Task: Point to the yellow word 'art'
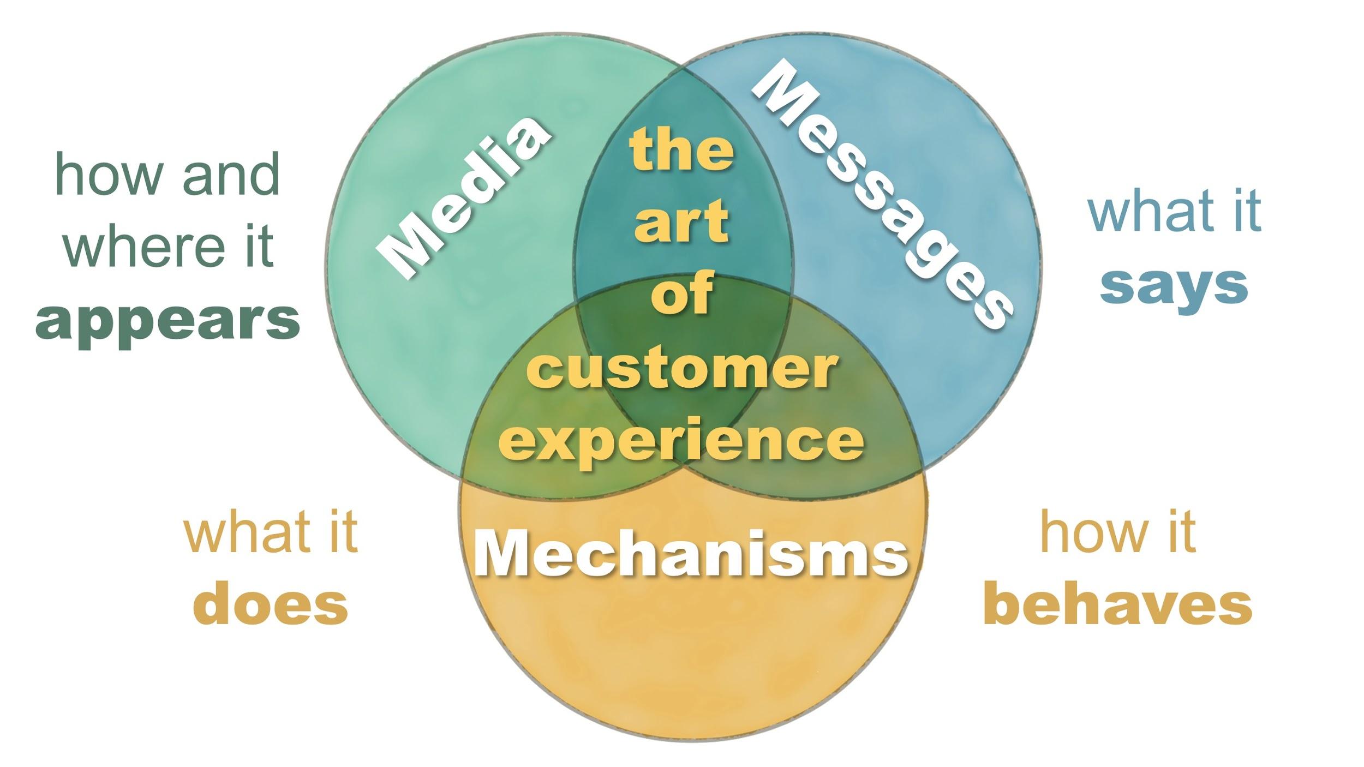point(681,221)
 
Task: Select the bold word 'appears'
point(167,322)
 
